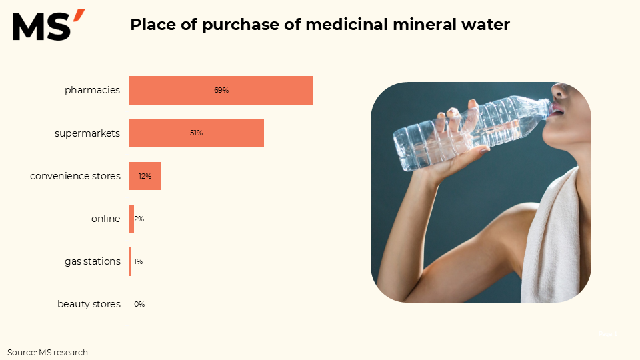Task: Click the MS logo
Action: tap(48, 25)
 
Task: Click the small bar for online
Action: tap(131, 219)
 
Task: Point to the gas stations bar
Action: tap(130, 261)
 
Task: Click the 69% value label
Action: tap(221, 90)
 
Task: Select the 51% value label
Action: tap(196, 133)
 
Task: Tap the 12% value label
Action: tap(145, 176)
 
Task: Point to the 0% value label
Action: tap(139, 304)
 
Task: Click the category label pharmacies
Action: tap(92, 90)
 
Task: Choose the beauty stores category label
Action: tap(89, 304)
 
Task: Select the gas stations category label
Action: tap(92, 261)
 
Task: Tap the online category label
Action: tap(105, 219)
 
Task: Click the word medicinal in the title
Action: tap(342, 25)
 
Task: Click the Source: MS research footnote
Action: tap(47, 352)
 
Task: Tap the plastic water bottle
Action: tap(467, 130)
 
